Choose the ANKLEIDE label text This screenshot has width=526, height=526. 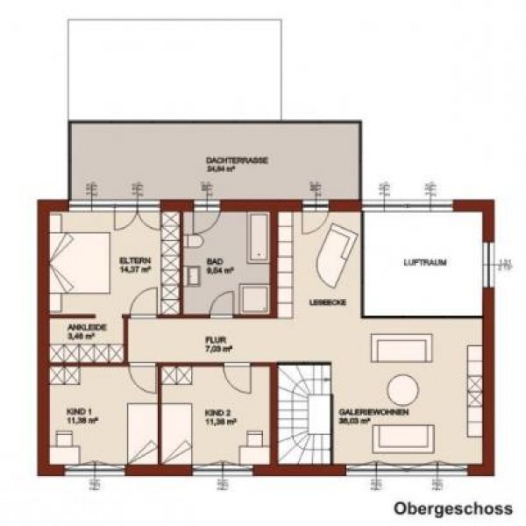87,327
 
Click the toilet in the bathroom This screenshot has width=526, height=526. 194,240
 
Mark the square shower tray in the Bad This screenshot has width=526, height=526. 255,298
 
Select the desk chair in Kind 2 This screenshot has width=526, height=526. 256,441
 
